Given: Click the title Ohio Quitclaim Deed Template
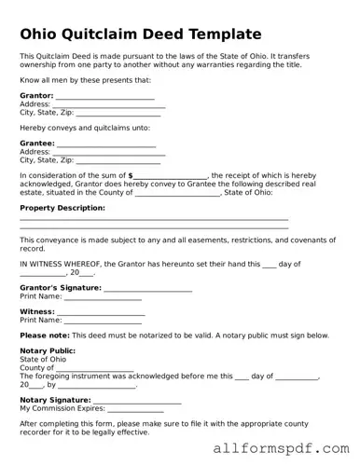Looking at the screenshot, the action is [x=140, y=34].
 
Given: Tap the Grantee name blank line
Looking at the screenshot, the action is [x=106, y=145].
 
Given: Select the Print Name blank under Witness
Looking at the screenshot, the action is [x=102, y=322].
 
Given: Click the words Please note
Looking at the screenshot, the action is [x=45, y=336].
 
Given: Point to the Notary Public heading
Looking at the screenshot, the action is [x=48, y=351].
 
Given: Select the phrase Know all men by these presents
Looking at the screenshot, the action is [x=85, y=80].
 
